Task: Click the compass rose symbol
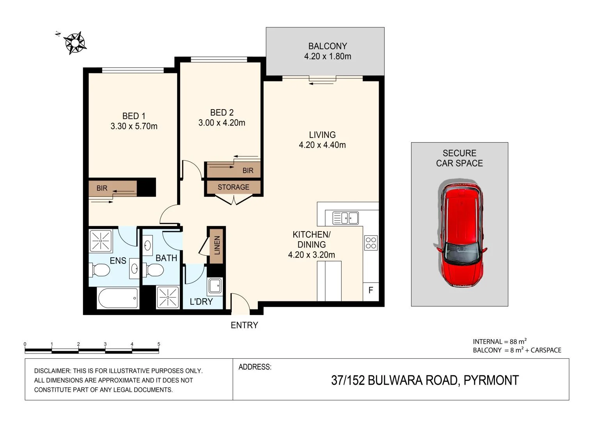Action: coord(75,42)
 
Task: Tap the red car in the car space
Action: coord(461,234)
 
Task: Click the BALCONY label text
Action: coord(327,46)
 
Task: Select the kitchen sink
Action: coord(346,218)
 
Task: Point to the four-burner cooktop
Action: coord(371,243)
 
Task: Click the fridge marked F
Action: coord(371,290)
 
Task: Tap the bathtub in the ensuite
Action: coord(118,298)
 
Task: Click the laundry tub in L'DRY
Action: coord(215,286)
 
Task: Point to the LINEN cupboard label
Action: coord(217,245)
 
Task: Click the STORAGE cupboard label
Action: coord(233,187)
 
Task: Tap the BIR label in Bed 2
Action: coord(248,170)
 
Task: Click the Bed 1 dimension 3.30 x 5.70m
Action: coord(134,126)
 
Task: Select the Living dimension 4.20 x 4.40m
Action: coord(322,145)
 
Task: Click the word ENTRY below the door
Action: coord(244,325)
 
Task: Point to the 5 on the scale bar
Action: coord(159,344)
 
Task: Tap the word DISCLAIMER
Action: coord(52,371)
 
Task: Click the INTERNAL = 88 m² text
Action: coord(500,341)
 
